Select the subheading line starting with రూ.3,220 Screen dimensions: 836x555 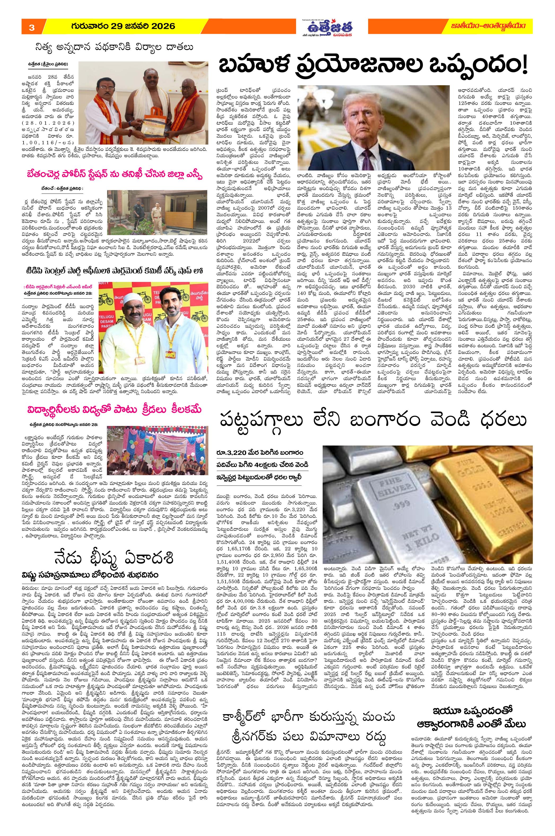click(x=260, y=453)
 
